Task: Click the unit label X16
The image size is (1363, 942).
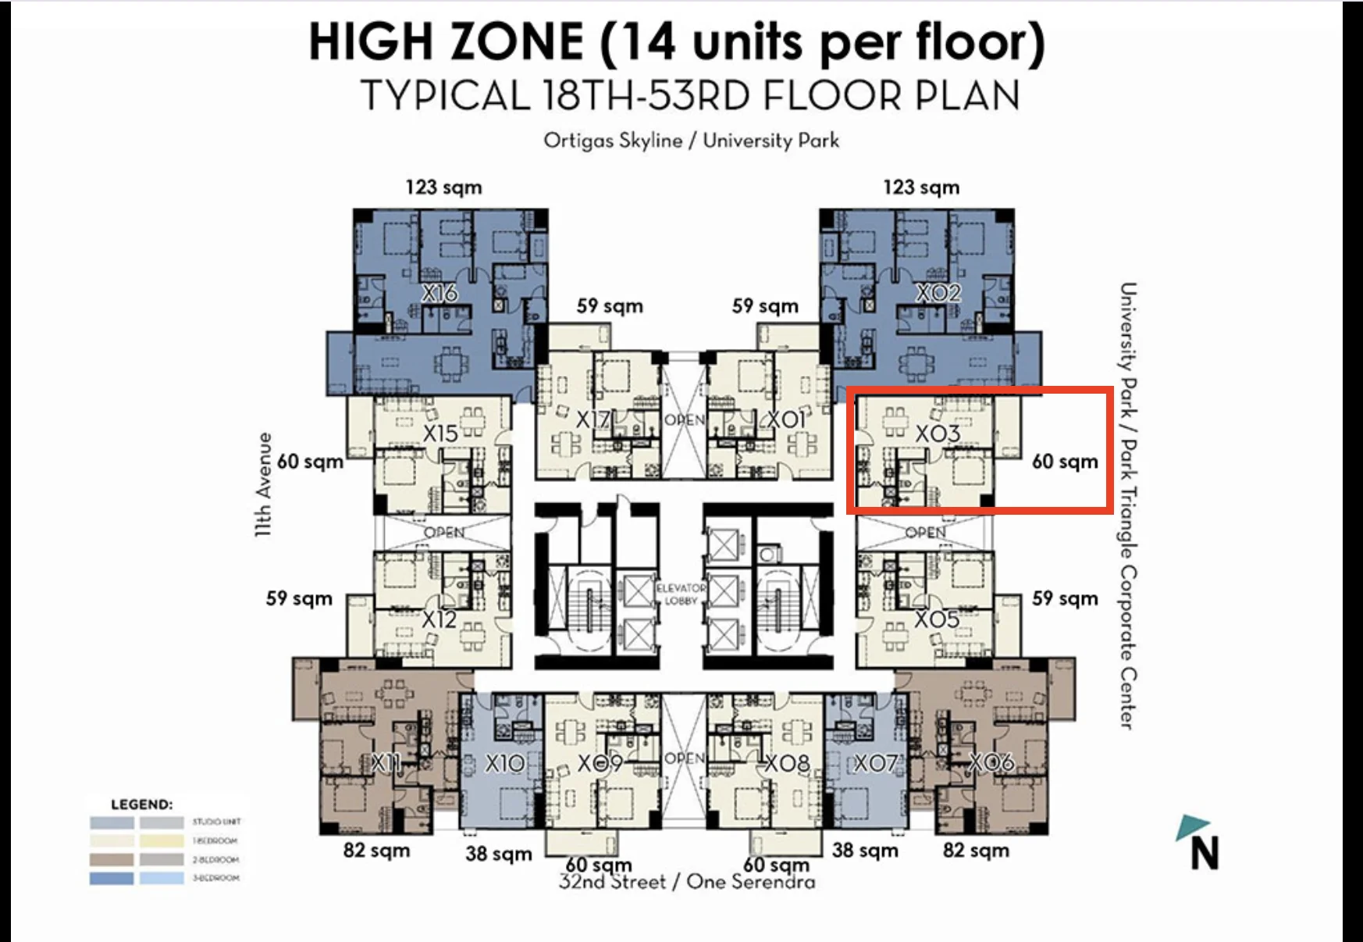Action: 440,294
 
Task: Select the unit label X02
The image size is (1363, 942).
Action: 938,294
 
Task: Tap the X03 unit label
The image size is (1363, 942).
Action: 937,434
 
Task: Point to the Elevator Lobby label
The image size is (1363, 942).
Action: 681,594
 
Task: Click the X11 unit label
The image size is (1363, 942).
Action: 386,763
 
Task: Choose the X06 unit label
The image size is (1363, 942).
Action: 991,763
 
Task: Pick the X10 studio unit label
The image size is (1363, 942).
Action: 504,763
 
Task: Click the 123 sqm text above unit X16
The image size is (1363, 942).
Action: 443,187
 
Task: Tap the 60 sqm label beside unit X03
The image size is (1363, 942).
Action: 1065,462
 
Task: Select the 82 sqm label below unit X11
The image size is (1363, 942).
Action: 376,851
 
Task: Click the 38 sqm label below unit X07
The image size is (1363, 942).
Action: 865,851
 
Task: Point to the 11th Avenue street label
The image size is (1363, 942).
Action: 265,484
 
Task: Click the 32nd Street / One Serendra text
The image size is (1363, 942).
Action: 687,883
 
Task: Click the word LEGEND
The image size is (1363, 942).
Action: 142,805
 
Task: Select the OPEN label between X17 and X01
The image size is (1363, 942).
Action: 684,420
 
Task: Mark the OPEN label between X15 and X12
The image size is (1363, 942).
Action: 444,533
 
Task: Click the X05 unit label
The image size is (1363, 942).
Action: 936,619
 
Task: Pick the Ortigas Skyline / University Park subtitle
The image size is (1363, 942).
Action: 691,141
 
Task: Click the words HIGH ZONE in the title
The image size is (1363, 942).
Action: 447,42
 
